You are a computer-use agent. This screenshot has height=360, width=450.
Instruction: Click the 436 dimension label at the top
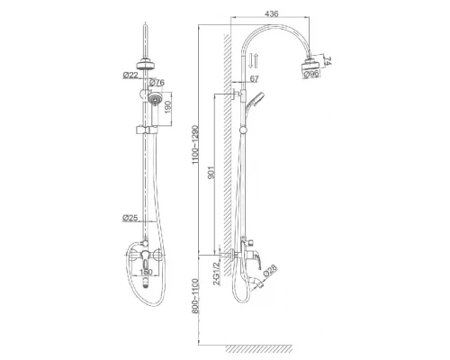tap(272, 13)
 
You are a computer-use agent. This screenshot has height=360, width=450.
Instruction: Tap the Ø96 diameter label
tap(310, 74)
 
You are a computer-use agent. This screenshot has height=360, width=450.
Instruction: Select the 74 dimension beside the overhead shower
tap(328, 60)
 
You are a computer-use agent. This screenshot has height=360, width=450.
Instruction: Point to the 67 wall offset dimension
tap(254, 79)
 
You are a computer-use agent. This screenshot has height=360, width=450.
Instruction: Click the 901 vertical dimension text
tap(211, 173)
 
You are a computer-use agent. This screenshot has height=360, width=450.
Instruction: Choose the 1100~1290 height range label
tap(195, 144)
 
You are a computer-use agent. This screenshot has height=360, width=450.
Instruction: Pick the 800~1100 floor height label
tap(195, 296)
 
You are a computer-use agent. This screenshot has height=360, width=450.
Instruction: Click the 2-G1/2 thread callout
tap(216, 274)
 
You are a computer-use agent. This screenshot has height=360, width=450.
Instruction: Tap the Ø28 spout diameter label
tap(270, 271)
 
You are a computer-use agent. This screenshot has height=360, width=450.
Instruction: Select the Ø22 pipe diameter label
tap(130, 75)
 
